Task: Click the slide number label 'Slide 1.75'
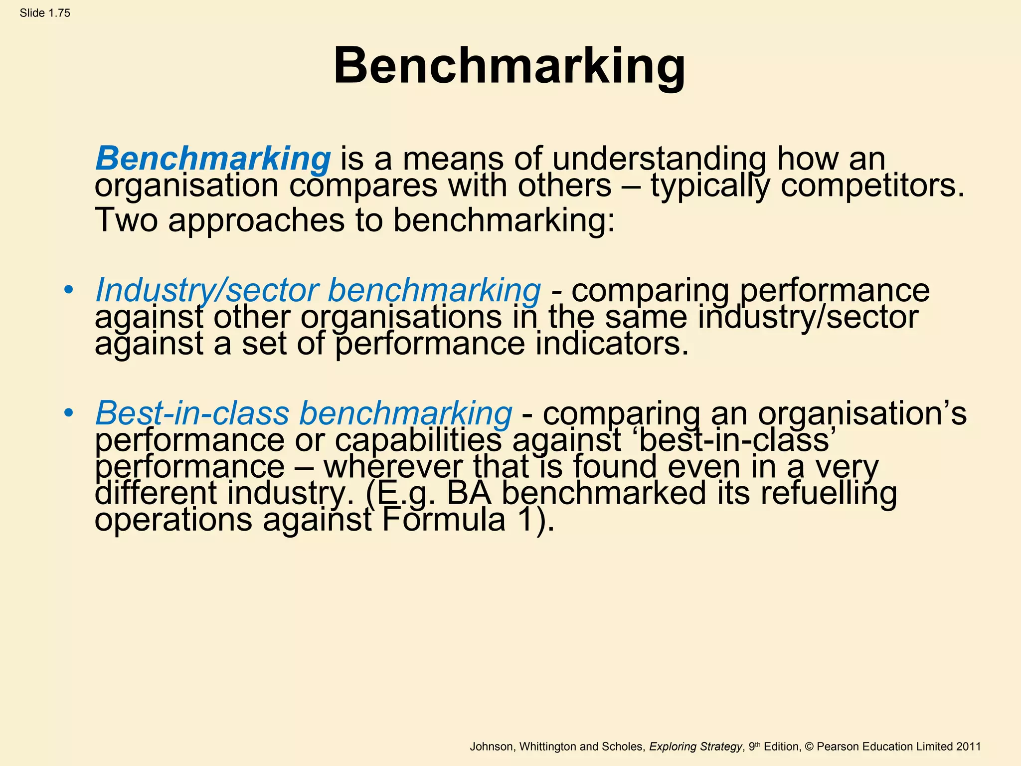point(45,13)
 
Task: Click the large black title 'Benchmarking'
point(509,66)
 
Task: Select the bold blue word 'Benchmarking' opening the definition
point(213,159)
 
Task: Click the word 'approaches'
point(256,220)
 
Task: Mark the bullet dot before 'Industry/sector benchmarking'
point(69,290)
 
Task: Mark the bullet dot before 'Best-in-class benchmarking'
point(69,413)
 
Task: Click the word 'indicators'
point(612,344)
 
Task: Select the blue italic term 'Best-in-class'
point(192,413)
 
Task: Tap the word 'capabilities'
point(418,440)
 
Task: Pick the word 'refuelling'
point(828,493)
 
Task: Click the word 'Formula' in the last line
point(444,520)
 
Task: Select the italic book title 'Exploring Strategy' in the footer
point(695,747)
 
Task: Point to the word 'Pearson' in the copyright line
point(838,747)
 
